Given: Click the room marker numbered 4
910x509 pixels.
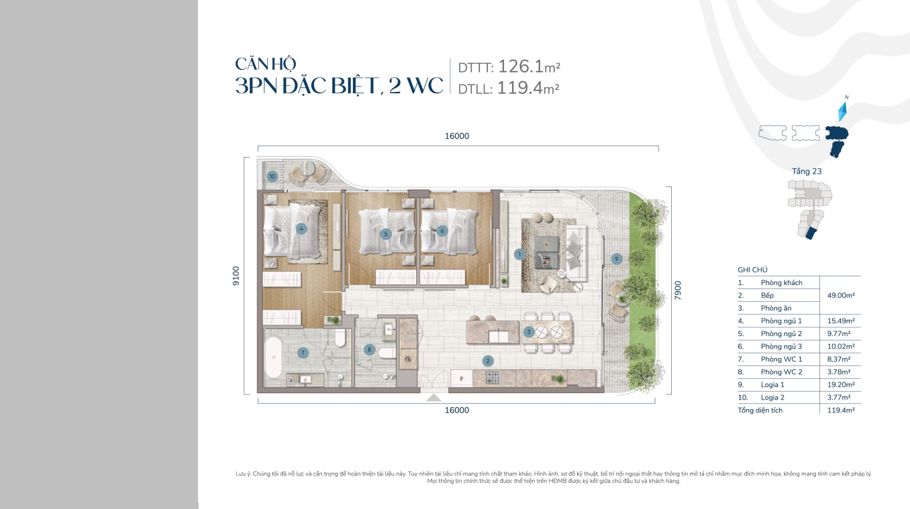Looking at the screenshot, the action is [x=301, y=229].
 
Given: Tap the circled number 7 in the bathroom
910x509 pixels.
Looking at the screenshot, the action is [x=303, y=353].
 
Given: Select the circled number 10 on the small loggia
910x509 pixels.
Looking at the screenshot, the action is [x=272, y=176].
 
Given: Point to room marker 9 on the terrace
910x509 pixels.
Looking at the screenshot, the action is [x=617, y=259].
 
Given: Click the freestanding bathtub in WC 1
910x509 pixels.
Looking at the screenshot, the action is [x=274, y=357].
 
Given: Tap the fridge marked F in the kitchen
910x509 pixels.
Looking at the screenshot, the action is [x=462, y=378].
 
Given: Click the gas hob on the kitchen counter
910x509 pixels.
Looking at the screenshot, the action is [x=493, y=378].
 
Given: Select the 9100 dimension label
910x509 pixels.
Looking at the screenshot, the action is [x=236, y=276].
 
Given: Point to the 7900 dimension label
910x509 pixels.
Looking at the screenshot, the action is [x=677, y=290].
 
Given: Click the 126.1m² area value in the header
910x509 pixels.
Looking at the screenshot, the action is [x=529, y=66].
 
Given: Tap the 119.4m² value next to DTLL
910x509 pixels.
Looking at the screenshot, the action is [x=528, y=88].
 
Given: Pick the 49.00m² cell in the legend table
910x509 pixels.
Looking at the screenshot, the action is [x=841, y=295].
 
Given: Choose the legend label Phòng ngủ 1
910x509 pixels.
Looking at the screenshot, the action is [x=781, y=321].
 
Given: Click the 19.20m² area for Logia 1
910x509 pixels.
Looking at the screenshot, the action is [x=841, y=384].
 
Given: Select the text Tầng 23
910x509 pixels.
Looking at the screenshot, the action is [x=807, y=171].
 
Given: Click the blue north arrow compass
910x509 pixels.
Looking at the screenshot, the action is [x=843, y=111].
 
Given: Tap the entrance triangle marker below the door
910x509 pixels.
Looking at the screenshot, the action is [x=434, y=398].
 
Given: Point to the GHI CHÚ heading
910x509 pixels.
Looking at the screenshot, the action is [x=752, y=270].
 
